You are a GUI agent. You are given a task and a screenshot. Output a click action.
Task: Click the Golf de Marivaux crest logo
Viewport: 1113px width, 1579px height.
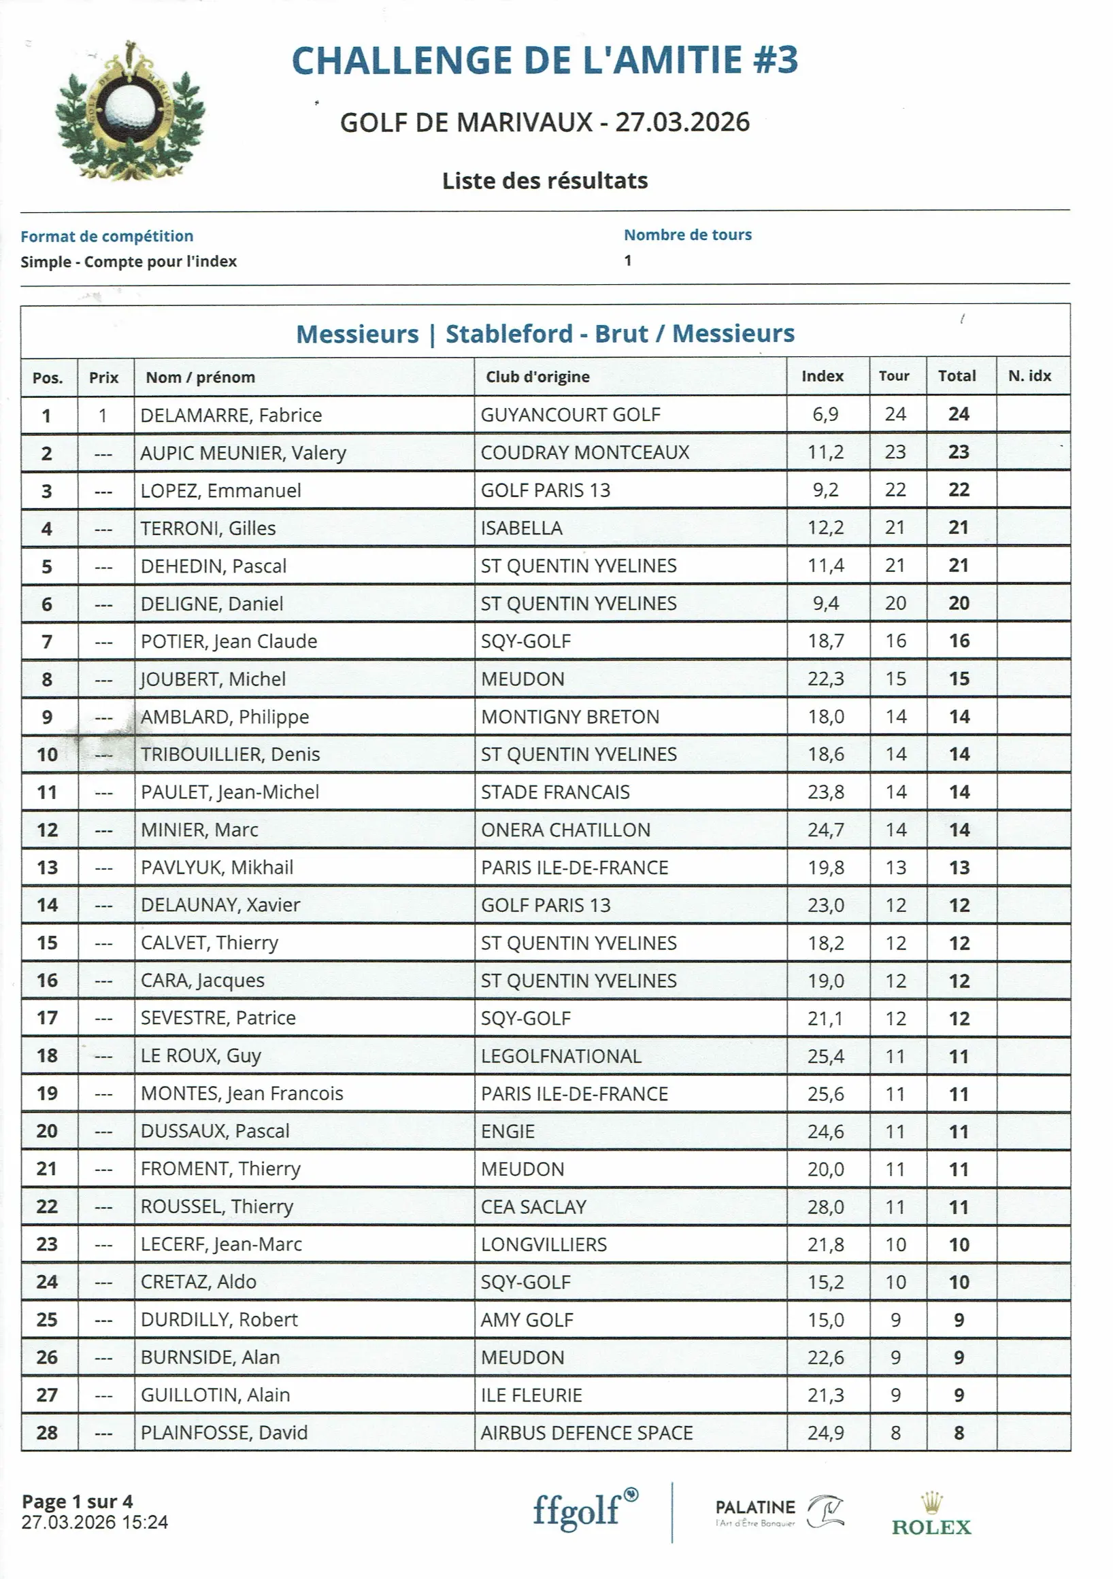coord(130,112)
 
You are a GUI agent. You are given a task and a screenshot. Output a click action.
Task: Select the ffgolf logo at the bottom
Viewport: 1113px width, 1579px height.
coord(585,1510)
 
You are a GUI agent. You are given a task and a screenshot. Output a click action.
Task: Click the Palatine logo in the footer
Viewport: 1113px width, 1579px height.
coord(779,1512)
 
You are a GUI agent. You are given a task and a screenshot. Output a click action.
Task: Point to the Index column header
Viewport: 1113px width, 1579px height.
coord(822,376)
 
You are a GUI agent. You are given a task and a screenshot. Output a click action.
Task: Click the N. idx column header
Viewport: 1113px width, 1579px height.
coord(1029,376)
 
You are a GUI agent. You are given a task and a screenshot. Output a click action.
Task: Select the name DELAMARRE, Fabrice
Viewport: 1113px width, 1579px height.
coord(231,415)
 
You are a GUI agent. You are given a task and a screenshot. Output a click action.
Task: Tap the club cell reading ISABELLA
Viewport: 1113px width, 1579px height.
coord(521,528)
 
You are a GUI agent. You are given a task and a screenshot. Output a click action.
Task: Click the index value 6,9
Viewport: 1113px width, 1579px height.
coord(825,414)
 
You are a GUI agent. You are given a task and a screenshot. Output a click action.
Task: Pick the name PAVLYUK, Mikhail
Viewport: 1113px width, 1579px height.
coord(217,867)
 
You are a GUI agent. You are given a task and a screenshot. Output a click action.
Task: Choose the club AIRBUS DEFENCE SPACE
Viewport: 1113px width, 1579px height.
coord(586,1433)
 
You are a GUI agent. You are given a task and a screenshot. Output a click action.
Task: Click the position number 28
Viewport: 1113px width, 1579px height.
coord(47,1433)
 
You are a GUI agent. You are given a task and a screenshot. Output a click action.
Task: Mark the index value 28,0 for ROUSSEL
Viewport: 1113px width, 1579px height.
coord(825,1207)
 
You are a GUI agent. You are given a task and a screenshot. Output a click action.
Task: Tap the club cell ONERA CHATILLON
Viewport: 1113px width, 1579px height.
coord(565,830)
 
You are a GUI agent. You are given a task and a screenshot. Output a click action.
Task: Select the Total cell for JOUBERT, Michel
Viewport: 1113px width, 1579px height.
coord(959,679)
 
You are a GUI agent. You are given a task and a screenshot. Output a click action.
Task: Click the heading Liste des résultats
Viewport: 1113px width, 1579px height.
coord(545,181)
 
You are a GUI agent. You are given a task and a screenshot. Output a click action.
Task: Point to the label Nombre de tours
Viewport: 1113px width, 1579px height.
coord(687,235)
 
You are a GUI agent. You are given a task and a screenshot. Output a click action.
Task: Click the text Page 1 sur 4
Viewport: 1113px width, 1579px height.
coord(77,1502)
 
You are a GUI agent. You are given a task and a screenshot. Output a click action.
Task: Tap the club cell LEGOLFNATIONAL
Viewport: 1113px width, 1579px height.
coord(561,1056)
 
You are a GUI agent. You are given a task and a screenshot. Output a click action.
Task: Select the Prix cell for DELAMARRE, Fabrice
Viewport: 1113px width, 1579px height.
coord(103,415)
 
